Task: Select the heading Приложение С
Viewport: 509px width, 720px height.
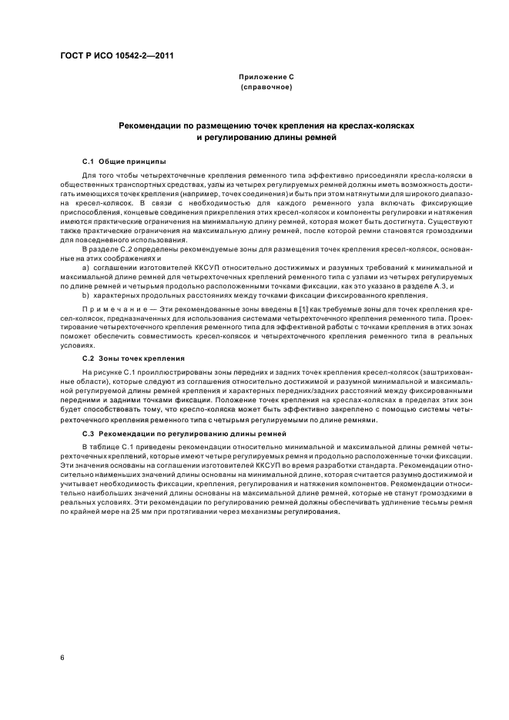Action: click(266, 77)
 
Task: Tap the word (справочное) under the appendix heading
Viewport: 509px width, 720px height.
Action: click(266, 87)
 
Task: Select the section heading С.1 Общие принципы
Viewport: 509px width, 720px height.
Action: click(123, 162)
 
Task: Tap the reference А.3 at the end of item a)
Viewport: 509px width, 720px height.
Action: click(442, 285)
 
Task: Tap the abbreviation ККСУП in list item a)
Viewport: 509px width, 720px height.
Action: click(187, 266)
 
